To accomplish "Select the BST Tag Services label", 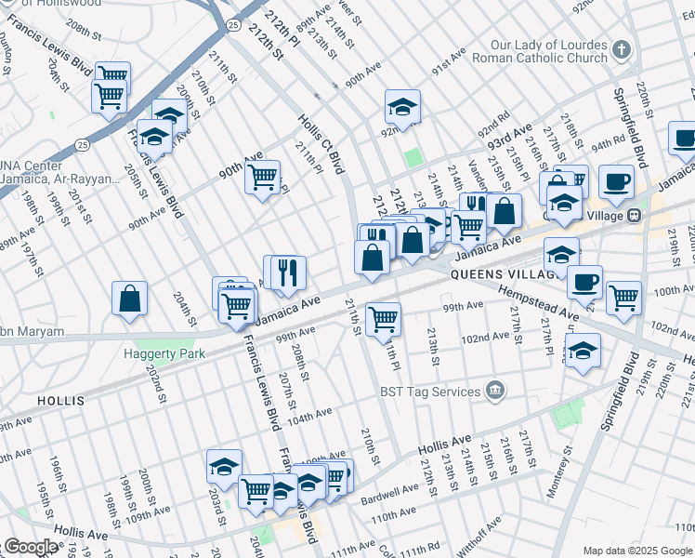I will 429,392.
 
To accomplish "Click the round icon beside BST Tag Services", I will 495,389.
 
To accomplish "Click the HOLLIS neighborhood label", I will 61,401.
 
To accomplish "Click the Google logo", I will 31,547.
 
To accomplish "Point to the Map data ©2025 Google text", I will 636,551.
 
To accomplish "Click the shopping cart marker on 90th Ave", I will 263,176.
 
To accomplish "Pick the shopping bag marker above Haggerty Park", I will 130,299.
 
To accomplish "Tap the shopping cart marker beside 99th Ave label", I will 383,319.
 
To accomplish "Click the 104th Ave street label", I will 310,415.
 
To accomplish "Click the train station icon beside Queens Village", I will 635,215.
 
